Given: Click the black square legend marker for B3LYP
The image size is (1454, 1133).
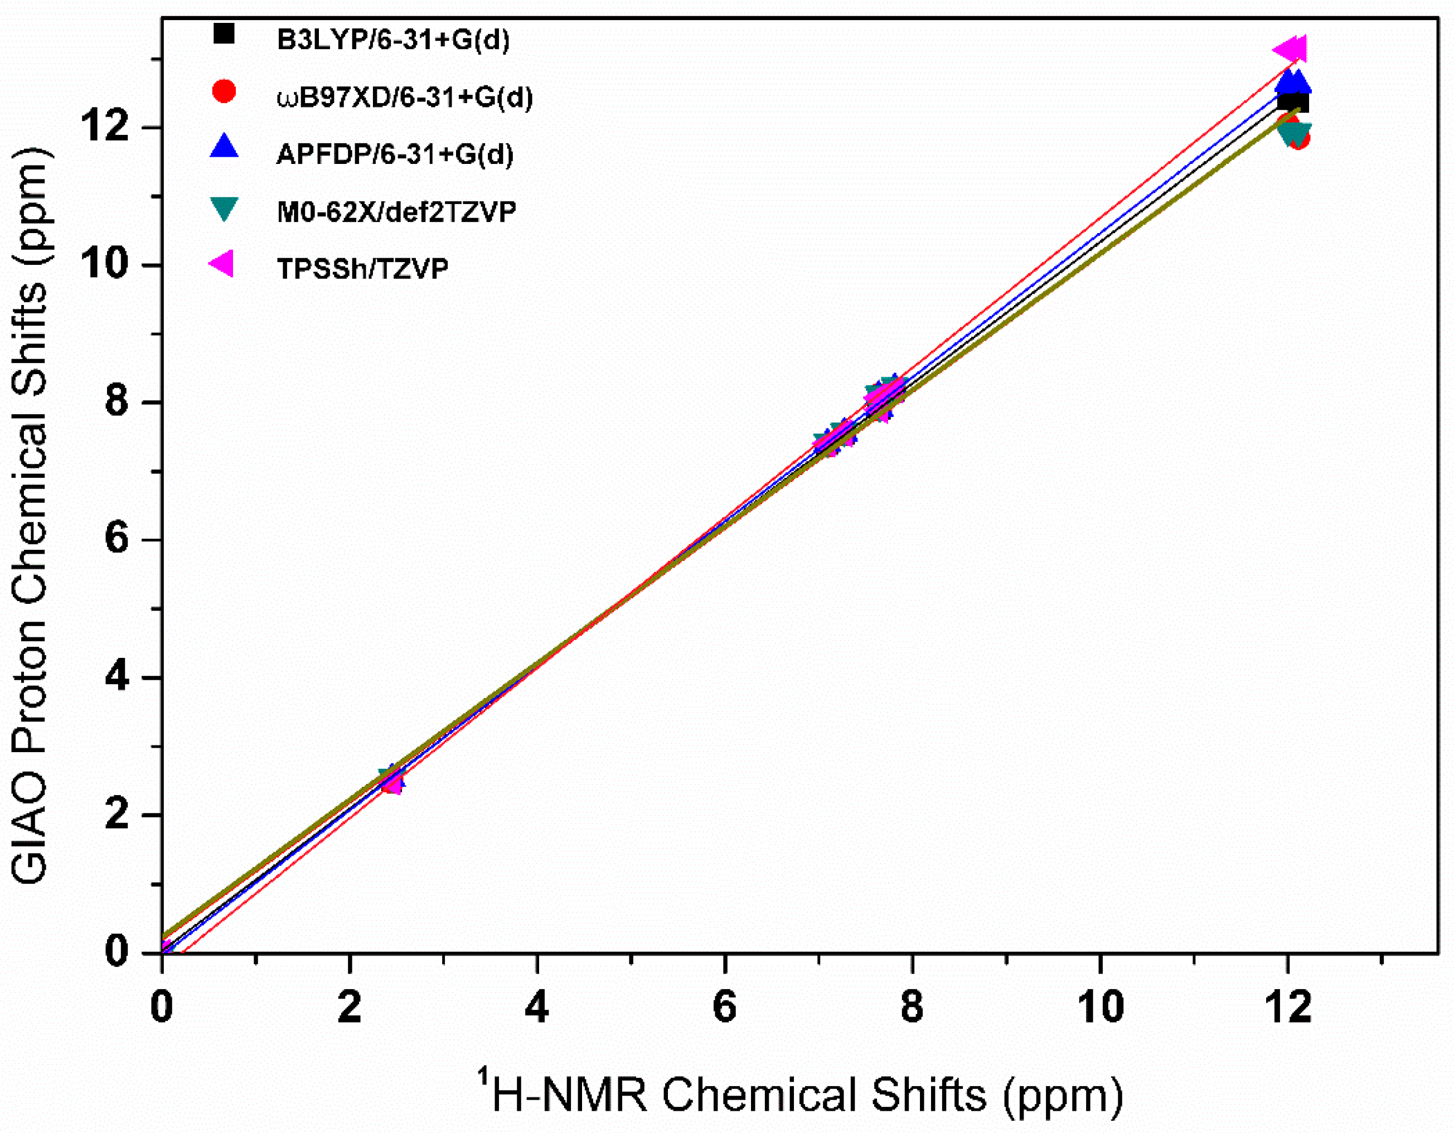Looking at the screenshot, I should pyautogui.click(x=224, y=34).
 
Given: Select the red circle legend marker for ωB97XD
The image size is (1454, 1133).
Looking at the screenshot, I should pyautogui.click(x=224, y=91).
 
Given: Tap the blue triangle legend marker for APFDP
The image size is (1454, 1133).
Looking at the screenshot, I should pyautogui.click(x=224, y=147).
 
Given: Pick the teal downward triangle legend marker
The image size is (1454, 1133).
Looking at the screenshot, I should pyautogui.click(x=224, y=209).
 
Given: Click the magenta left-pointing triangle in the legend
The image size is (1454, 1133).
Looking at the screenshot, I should pyautogui.click(x=222, y=264).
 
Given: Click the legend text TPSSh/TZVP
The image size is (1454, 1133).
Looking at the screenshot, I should pyautogui.click(x=362, y=269).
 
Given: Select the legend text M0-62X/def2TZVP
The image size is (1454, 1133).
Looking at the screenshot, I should pyautogui.click(x=396, y=212).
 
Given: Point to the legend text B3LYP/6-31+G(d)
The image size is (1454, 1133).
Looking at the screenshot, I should pyautogui.click(x=393, y=40).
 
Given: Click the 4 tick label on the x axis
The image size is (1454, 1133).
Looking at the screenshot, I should pyautogui.click(x=536, y=1006).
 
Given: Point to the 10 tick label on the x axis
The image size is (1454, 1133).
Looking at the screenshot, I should pyautogui.click(x=1101, y=1006).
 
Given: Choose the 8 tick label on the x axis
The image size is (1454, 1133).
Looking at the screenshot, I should pyautogui.click(x=912, y=1006).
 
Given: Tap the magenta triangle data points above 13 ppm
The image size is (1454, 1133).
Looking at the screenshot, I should pyautogui.click(x=1292, y=49).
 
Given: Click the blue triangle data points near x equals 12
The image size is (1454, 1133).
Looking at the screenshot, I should pyautogui.click(x=1293, y=83).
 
